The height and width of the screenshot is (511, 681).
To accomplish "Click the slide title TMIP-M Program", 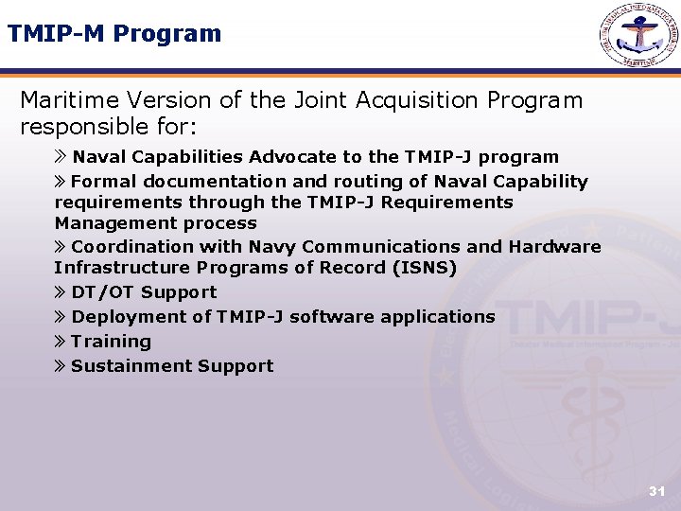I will (x=114, y=34).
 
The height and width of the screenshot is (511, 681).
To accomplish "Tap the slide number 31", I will (x=656, y=491).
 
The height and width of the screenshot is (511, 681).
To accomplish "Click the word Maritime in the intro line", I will (x=69, y=100).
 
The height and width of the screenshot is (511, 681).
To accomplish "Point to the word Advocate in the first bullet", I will (x=290, y=157).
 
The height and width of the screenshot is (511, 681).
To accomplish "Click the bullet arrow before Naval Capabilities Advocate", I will (x=61, y=157).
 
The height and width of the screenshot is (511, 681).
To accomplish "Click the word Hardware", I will (x=554, y=247).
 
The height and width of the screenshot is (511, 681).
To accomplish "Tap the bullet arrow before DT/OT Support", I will (x=61, y=293).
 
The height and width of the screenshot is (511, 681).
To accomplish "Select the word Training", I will (x=111, y=342).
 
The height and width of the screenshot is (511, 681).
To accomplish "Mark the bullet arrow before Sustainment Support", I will (x=61, y=366).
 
